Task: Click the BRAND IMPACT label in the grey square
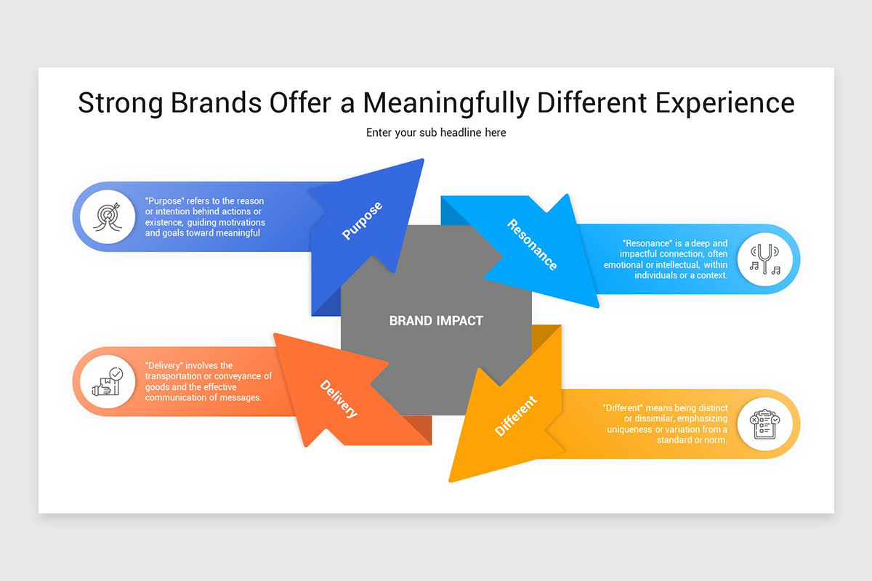tap(436, 320)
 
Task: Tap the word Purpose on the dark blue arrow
tap(362, 221)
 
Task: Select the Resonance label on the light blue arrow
tap(533, 245)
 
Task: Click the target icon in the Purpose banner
tap(108, 216)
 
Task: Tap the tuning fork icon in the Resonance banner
tap(764, 259)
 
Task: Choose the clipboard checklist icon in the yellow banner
tap(764, 424)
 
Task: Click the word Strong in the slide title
tap(121, 103)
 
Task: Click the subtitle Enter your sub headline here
tap(436, 133)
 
